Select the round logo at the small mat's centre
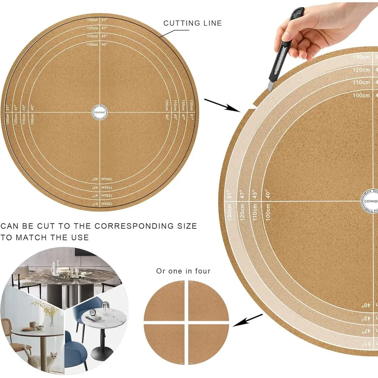click(101, 112)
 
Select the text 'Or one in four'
click(183, 271)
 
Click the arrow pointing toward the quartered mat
click(248, 320)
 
